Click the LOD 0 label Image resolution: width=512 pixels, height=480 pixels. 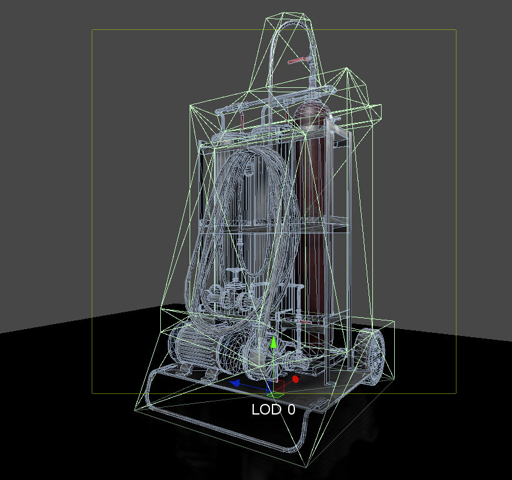click(273, 410)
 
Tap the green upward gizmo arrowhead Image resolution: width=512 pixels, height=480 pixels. click(273, 342)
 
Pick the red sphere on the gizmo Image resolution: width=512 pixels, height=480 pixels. click(296, 379)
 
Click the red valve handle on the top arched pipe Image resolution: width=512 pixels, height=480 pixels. click(298, 61)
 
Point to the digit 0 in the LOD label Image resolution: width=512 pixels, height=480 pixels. click(291, 410)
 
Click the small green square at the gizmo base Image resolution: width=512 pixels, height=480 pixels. click(273, 394)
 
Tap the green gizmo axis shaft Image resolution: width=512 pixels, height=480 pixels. click(273, 368)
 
